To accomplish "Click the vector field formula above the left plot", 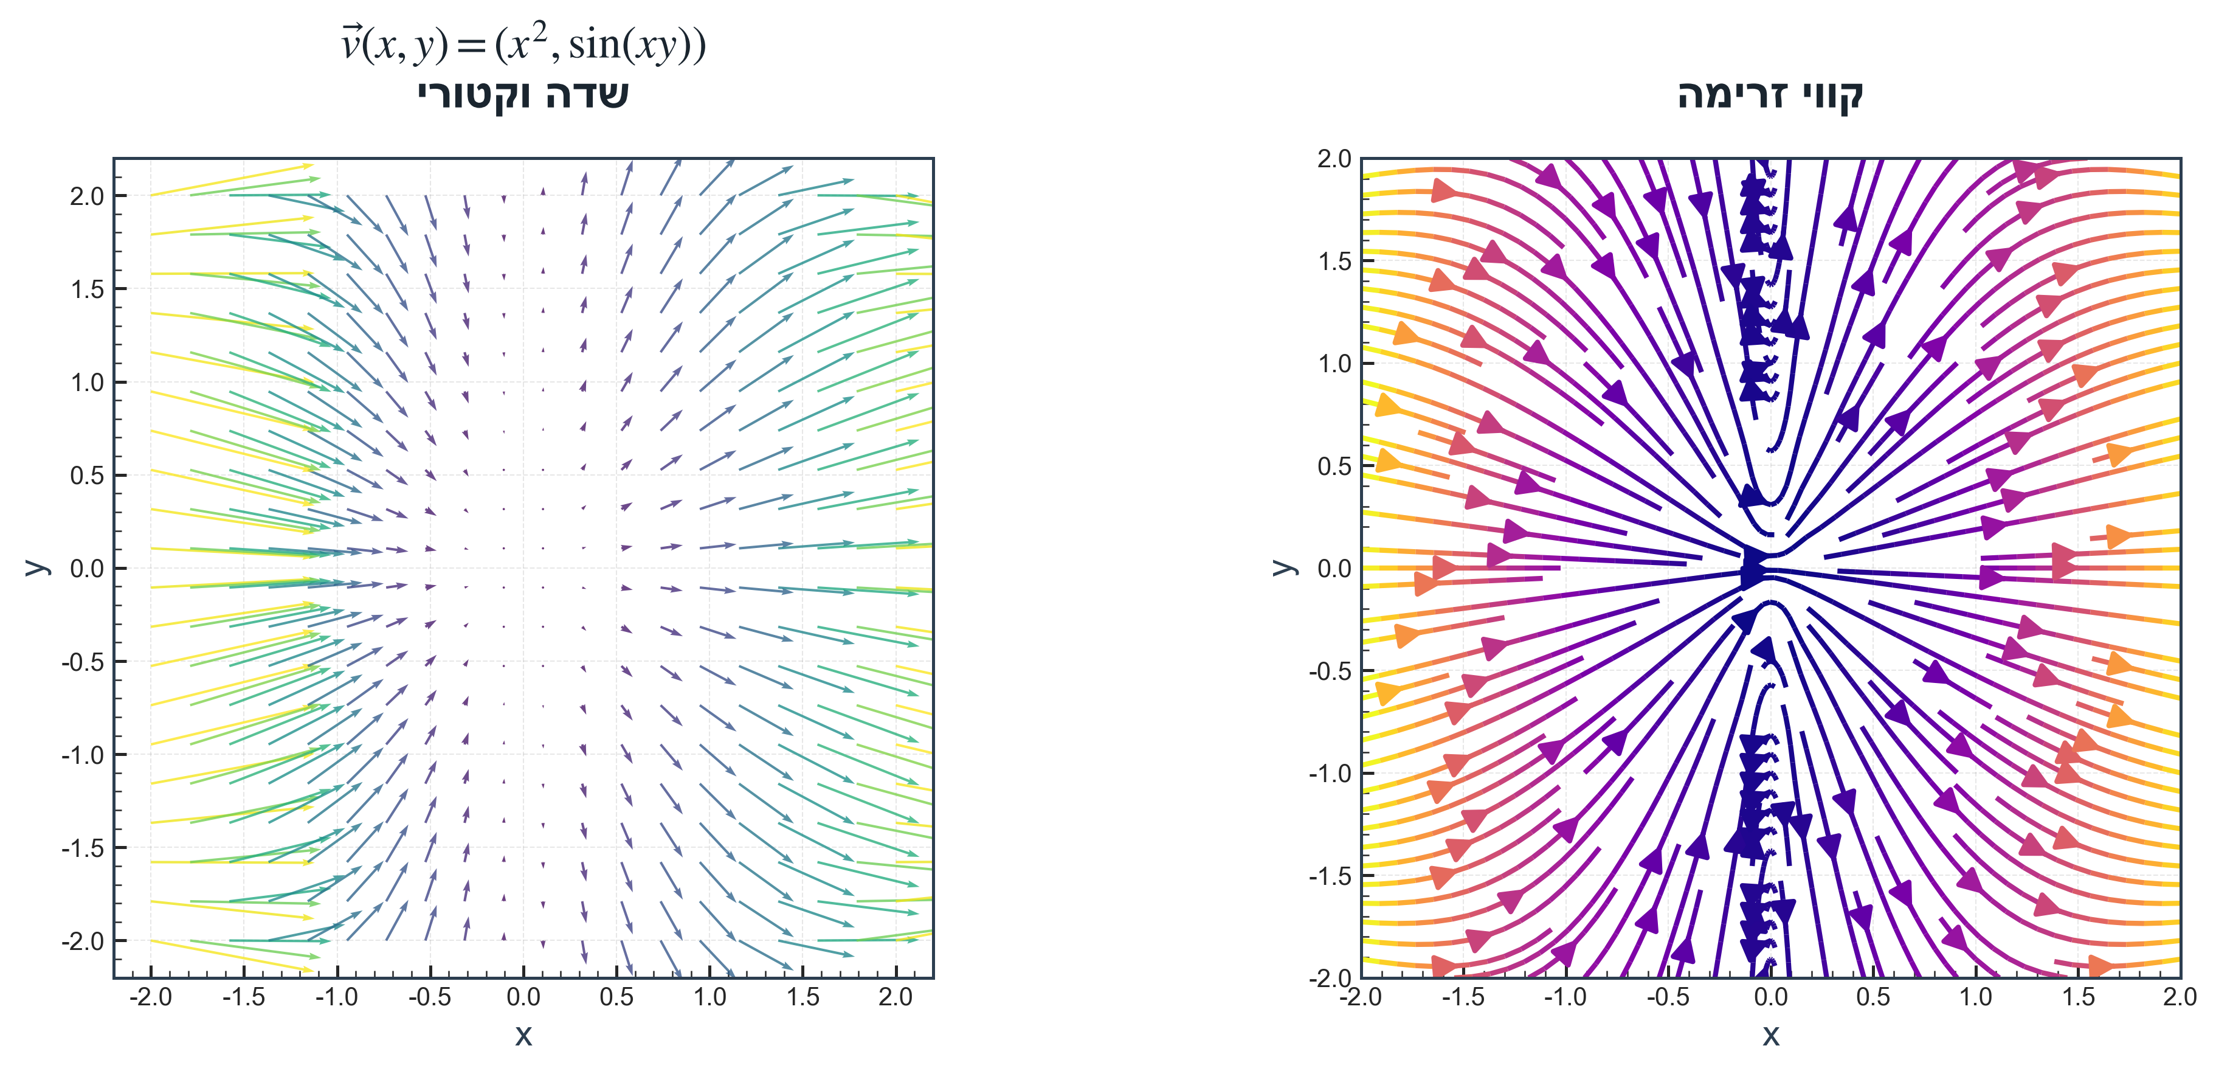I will tap(523, 43).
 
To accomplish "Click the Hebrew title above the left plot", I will tap(523, 95).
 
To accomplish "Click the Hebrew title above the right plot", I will tap(1770, 95).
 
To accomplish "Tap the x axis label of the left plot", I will tap(523, 1035).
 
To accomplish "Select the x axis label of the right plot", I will tap(1770, 1035).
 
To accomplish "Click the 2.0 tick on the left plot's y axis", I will tap(86, 196).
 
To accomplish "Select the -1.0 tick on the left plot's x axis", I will tap(336, 998).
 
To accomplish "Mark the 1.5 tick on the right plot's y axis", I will tap(1334, 262).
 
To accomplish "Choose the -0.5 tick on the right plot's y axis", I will tap(1330, 671).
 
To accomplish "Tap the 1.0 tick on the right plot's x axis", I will tap(1975, 998).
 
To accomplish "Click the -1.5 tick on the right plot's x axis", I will tap(1462, 998).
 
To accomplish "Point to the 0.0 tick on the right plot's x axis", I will tap(1770, 998).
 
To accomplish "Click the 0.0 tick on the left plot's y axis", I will tap(86, 569).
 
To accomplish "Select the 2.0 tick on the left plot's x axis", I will tap(896, 998).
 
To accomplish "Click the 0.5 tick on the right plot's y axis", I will tap(1334, 466).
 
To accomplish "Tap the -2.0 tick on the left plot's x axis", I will tap(151, 998).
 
